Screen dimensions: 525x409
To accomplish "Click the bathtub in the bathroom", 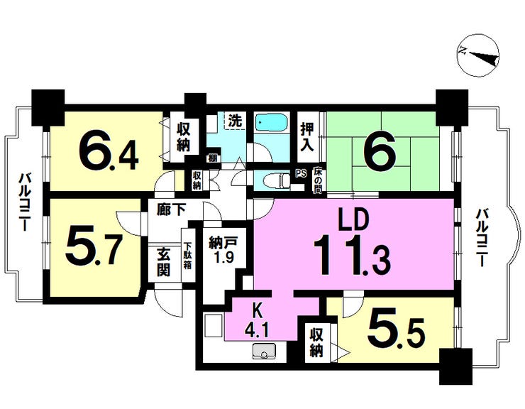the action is pyautogui.click(x=271, y=123).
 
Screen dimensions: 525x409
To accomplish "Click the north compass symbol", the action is pyautogui.click(x=478, y=55).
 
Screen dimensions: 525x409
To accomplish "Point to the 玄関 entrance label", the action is pyautogui.click(x=163, y=264).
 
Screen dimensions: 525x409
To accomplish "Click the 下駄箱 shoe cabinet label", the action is pyautogui.click(x=187, y=256).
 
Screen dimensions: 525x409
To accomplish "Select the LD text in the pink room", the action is pyautogui.click(x=353, y=220).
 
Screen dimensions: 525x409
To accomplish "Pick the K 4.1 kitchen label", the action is pyautogui.click(x=257, y=322).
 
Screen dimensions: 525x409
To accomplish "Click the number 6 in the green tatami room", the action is pyautogui.click(x=381, y=151).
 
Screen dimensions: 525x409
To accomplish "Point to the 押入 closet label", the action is pyautogui.click(x=306, y=137).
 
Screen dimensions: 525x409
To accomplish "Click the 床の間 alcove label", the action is pyautogui.click(x=318, y=180).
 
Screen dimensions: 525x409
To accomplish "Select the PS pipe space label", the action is pyautogui.click(x=301, y=174).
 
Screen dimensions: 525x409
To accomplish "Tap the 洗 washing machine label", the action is pyautogui.click(x=235, y=121).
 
